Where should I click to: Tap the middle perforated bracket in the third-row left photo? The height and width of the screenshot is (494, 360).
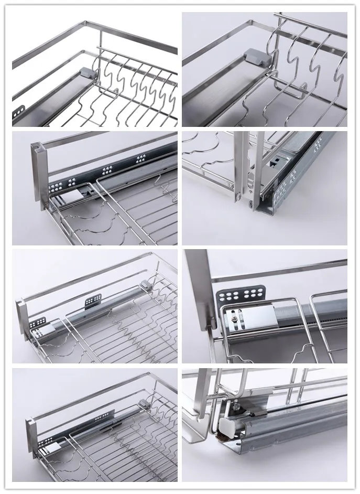pyautogui.click(x=93, y=301)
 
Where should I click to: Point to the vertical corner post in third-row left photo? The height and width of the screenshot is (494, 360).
pyautogui.click(x=23, y=320)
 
